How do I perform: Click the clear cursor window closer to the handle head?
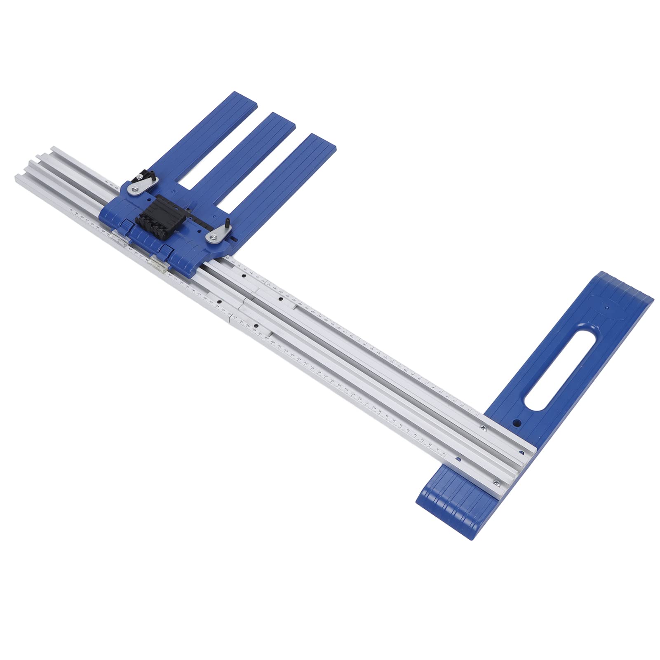click(x=158, y=264)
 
